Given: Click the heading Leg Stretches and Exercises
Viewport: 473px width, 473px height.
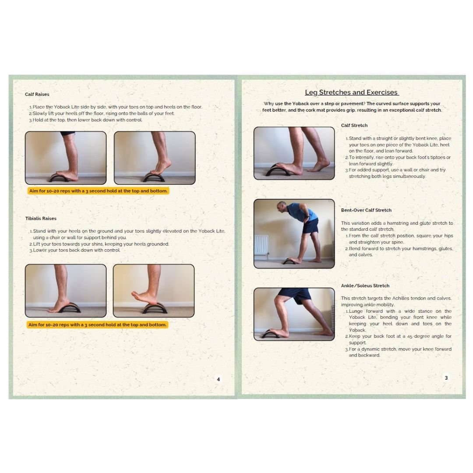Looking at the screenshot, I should click(x=352, y=92).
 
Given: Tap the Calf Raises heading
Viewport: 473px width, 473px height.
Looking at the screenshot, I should click(x=37, y=94).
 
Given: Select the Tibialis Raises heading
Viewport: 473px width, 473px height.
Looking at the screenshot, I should click(x=41, y=218).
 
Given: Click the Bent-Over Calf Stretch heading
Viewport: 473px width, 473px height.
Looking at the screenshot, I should click(x=366, y=210).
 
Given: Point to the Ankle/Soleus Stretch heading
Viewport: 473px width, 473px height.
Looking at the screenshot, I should click(x=365, y=286).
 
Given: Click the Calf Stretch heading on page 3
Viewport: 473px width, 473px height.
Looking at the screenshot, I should click(x=354, y=125).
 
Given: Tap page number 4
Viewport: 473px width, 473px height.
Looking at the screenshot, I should click(x=219, y=379).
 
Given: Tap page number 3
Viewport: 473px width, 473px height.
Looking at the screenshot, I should click(x=446, y=378).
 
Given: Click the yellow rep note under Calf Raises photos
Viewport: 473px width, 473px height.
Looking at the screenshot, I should click(x=98, y=191).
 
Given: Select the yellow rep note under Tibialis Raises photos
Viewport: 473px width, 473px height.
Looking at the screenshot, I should click(x=97, y=325).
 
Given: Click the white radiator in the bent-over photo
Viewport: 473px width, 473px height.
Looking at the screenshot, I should click(x=261, y=244).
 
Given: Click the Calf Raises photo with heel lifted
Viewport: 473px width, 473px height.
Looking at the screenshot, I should click(x=155, y=158).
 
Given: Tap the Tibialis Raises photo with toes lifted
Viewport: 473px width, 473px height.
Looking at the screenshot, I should click(x=153, y=290).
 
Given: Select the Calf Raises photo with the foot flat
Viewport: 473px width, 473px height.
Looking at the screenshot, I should click(x=66, y=158).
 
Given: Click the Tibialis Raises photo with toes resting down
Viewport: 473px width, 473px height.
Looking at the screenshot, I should click(x=66, y=290).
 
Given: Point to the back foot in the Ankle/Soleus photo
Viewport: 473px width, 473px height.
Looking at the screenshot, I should click(x=323, y=333).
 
